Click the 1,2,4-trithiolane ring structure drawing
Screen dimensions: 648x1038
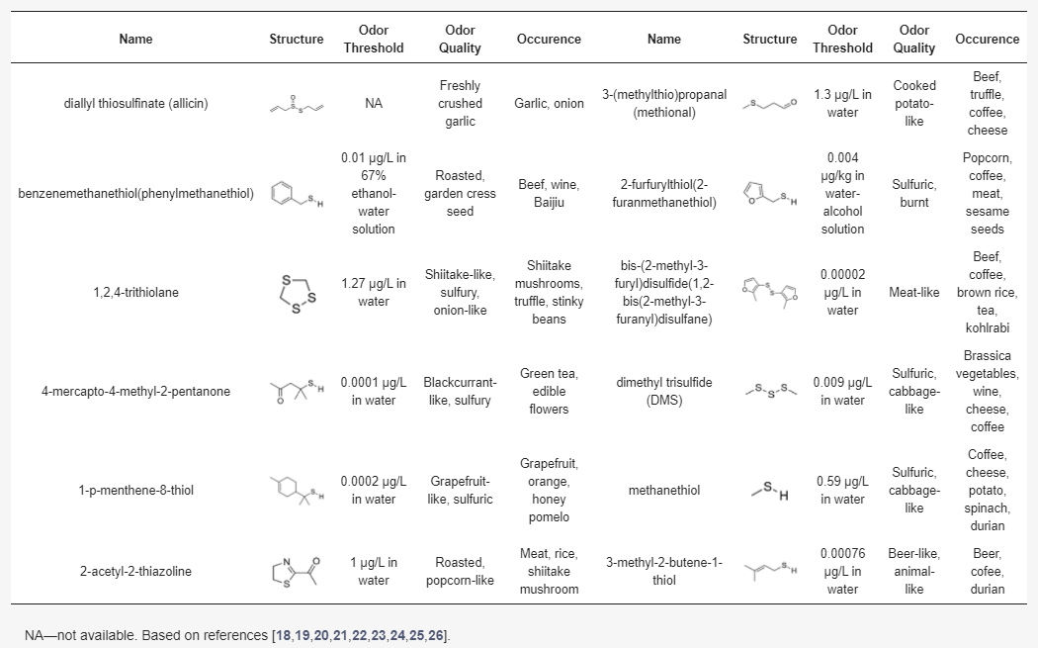coord(297,292)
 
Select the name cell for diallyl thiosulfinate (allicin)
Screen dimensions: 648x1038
coord(135,103)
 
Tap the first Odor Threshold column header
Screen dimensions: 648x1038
coord(374,39)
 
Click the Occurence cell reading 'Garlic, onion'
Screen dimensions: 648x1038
coord(549,103)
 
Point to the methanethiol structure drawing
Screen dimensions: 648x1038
coord(769,490)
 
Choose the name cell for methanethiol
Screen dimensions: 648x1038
coord(663,490)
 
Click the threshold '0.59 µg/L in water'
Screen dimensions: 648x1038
coord(842,490)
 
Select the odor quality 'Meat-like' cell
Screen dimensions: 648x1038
coord(914,292)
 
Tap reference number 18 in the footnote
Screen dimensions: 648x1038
coord(284,634)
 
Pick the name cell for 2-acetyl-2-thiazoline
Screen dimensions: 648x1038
coord(135,571)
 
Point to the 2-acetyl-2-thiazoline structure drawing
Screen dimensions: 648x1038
coord(297,571)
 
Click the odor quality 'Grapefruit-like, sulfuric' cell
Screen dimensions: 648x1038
coord(460,490)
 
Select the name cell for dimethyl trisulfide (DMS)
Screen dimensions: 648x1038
coord(663,391)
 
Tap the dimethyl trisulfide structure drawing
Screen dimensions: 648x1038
coord(769,391)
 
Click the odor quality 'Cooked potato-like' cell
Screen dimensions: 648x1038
coord(914,103)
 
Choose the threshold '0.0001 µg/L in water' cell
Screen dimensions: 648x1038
coord(374,391)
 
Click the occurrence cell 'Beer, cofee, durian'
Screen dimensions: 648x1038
coord(987,571)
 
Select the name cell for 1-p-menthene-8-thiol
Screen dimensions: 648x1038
coord(135,490)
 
